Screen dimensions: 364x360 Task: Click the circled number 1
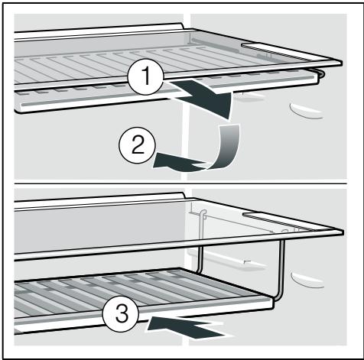pos(145,76)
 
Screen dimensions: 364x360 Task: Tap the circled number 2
pos(138,146)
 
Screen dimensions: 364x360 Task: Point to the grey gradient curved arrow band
pos(228,148)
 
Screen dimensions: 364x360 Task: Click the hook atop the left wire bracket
pos(203,214)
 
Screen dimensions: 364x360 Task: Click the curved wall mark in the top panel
pos(305,112)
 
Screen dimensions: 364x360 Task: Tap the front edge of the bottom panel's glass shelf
pos(178,246)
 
